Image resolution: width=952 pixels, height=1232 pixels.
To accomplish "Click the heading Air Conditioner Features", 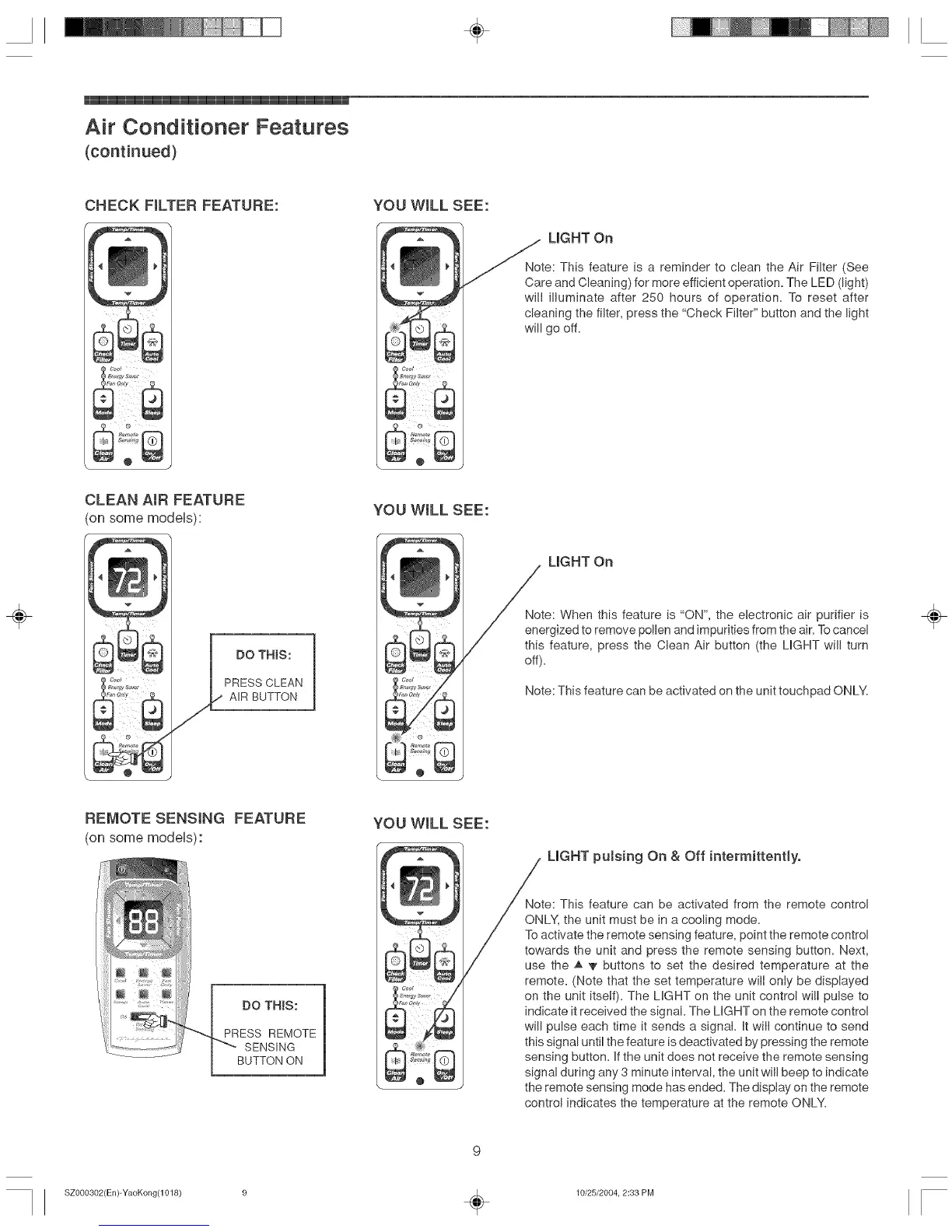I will pyautogui.click(x=216, y=127).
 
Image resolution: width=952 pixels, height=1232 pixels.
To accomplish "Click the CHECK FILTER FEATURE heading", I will pyautogui.click(x=181, y=205).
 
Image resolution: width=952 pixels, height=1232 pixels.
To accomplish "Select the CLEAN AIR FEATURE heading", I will pyautogui.click(x=164, y=499).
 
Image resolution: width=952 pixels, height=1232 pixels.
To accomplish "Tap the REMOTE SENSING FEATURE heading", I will pyautogui.click(x=194, y=818).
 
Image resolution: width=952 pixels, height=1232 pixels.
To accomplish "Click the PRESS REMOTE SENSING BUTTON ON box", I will pyautogui.click(x=268, y=1030).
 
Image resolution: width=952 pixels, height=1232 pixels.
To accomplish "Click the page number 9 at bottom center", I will pyautogui.click(x=477, y=1150).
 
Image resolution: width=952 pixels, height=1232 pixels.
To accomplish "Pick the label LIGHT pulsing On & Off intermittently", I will pyautogui.click(x=674, y=856).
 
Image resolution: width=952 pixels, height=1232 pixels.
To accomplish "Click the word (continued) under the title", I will pyautogui.click(x=131, y=151).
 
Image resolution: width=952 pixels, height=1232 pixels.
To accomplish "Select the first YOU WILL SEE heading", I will pyautogui.click(x=431, y=205).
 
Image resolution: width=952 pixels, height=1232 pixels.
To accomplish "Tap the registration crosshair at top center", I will pyautogui.click(x=477, y=30).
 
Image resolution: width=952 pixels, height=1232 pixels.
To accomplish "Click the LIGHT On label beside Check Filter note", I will pyautogui.click(x=580, y=237).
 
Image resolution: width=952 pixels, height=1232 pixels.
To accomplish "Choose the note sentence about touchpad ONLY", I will pyautogui.click(x=696, y=691).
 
